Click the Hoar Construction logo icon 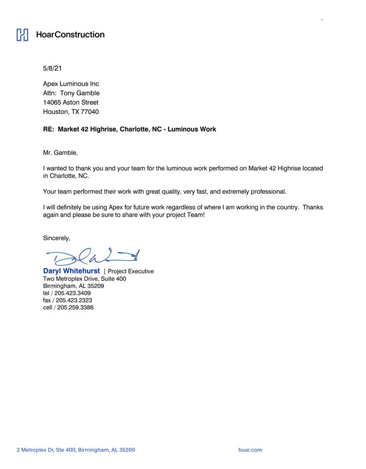pyautogui.click(x=22, y=35)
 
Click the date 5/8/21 pyautogui.click(x=53, y=69)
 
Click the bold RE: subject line pyautogui.click(x=129, y=129)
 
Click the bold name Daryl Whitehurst pyautogui.click(x=72, y=271)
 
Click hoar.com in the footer pyautogui.click(x=251, y=450)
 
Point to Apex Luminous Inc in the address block pyautogui.click(x=71, y=84)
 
